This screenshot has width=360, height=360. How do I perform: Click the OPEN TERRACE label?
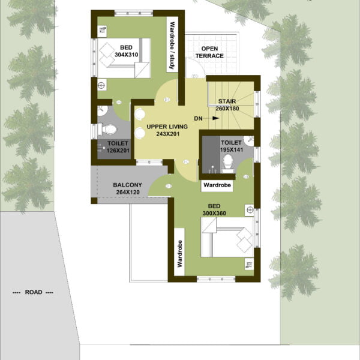tap(209, 52)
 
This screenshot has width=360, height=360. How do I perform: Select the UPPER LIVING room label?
tap(167, 127)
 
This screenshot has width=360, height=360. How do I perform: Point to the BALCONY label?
tap(127, 185)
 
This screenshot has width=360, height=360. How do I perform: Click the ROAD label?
tap(34, 292)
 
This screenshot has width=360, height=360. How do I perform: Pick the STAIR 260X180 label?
tap(227, 104)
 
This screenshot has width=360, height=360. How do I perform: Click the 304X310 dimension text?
tap(126, 55)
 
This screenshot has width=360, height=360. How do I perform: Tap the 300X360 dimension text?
tap(214, 213)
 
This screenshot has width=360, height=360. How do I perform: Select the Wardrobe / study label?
tap(172, 46)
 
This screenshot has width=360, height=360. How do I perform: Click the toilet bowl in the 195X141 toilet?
tap(228, 163)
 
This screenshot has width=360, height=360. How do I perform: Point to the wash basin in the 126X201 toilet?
tap(102, 110)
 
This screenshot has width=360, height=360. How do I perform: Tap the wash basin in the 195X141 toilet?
tap(249, 141)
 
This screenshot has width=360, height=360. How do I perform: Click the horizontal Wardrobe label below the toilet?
tap(217, 185)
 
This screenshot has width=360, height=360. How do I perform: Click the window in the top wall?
tap(134, 13)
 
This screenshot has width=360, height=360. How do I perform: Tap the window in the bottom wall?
tap(216, 279)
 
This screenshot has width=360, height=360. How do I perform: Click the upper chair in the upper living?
tap(140, 114)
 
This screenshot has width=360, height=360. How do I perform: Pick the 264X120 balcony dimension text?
tap(128, 192)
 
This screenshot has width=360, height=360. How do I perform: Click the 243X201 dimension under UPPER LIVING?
tap(168, 134)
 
